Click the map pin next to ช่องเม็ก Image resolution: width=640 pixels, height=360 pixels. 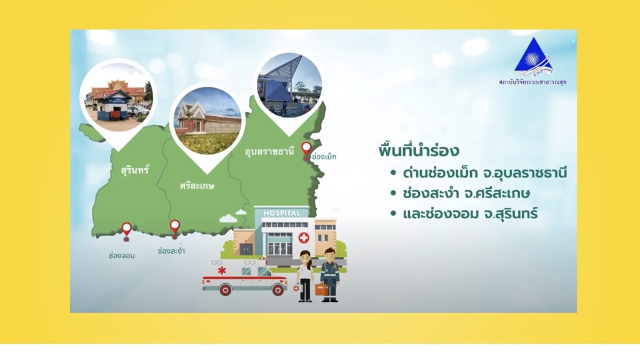click(306, 149)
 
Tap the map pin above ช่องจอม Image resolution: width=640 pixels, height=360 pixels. click(126, 231)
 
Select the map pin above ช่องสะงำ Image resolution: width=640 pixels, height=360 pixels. click(175, 227)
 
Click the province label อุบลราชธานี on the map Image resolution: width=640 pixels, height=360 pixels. click(269, 151)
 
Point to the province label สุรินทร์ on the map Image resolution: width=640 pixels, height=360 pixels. click(135, 169)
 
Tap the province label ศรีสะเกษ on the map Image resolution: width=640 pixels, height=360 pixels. click(197, 186)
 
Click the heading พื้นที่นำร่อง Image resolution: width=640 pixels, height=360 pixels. click(419, 150)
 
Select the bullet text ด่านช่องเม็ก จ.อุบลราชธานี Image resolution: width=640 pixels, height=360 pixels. click(485, 172)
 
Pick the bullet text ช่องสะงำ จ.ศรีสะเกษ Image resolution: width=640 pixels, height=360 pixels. click(466, 192)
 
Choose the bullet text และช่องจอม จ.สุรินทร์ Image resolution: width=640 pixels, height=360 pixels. click(470, 213)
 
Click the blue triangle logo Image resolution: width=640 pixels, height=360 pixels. click(533, 56)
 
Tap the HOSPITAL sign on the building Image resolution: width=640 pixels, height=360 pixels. click(282, 213)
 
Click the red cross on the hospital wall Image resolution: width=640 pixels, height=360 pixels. click(304, 237)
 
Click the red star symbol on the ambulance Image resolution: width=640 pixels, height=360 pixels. click(222, 270)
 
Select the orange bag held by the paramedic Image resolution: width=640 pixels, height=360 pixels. click(321, 289)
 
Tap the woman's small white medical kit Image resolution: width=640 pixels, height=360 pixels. click(296, 288)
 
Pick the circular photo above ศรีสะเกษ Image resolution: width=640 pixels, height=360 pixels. click(207, 121)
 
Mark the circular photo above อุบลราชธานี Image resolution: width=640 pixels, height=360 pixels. click(289, 85)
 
